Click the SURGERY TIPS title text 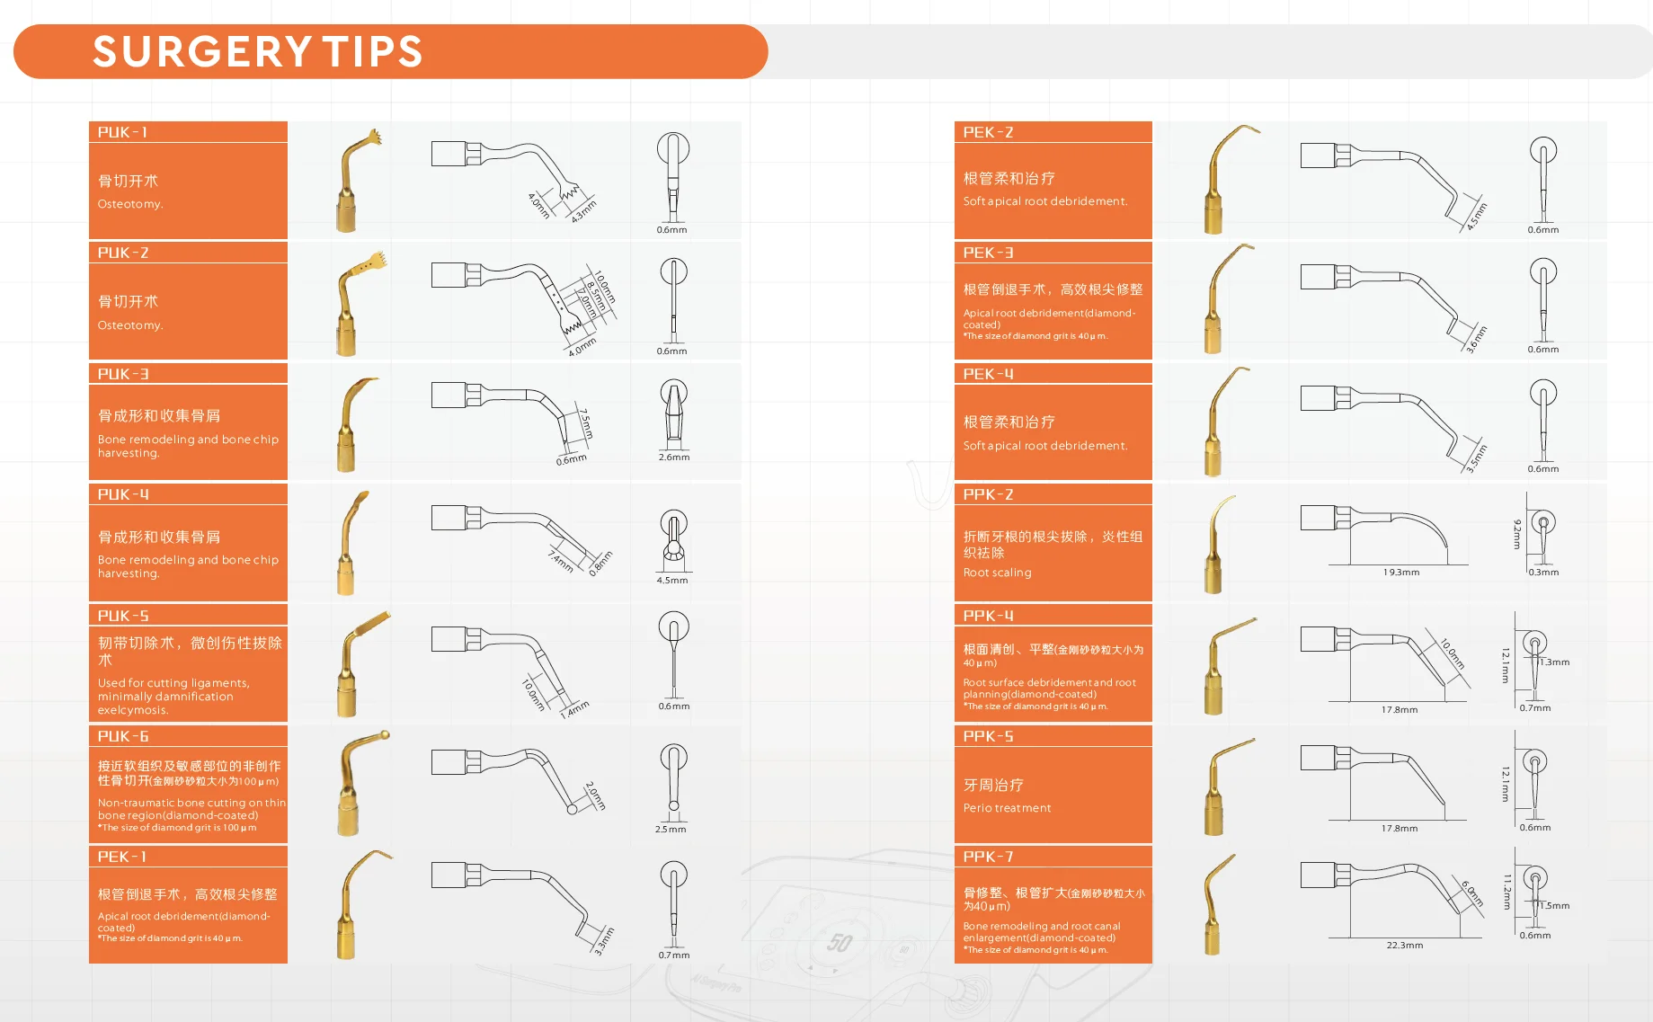tap(258, 52)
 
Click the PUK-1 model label tap(122, 132)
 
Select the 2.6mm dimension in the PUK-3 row tap(673, 458)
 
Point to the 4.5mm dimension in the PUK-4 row tap(671, 581)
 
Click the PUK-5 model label tap(123, 616)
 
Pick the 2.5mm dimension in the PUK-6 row tap(671, 830)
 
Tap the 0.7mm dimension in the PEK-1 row tap(673, 955)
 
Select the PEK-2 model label tap(988, 132)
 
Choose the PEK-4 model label tap(988, 374)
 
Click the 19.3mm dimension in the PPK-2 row tap(1401, 573)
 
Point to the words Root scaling tap(997, 573)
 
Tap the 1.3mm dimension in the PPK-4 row tap(1555, 662)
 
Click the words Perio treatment tap(1007, 808)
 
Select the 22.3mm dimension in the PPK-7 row tap(1404, 946)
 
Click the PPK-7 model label tap(988, 857)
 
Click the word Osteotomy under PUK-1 tap(130, 204)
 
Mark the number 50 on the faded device tap(840, 942)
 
